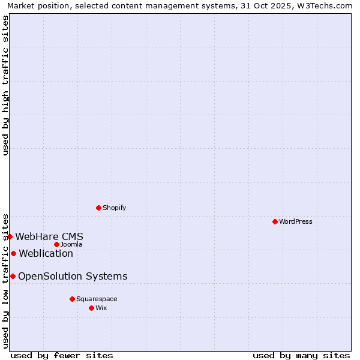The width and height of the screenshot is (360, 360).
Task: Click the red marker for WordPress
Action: point(275,222)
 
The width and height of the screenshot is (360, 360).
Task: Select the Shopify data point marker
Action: point(98,208)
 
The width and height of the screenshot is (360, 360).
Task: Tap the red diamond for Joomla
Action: point(56,244)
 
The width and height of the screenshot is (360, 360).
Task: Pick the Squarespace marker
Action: point(72,299)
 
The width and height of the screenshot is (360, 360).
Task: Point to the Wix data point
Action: point(91,308)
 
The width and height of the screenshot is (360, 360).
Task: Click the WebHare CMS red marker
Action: point(10,237)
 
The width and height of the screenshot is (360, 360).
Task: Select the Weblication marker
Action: point(13,253)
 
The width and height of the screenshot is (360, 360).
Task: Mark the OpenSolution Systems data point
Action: point(13,276)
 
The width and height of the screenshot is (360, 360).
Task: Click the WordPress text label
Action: point(296,222)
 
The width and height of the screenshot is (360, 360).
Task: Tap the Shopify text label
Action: point(115,208)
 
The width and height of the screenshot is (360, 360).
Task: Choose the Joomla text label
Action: point(71,244)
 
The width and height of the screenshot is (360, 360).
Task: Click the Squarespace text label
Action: point(97,299)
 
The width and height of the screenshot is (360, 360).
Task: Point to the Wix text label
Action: point(101,308)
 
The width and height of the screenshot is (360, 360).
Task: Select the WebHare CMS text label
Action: point(49,236)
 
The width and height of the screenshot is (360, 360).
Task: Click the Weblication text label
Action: point(46,253)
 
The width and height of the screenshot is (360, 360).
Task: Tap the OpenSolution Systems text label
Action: point(73,276)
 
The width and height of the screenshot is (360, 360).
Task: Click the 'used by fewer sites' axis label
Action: point(62,355)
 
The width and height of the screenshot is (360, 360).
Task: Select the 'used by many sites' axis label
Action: point(301,355)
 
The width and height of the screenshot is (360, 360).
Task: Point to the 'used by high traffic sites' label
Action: point(6,86)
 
